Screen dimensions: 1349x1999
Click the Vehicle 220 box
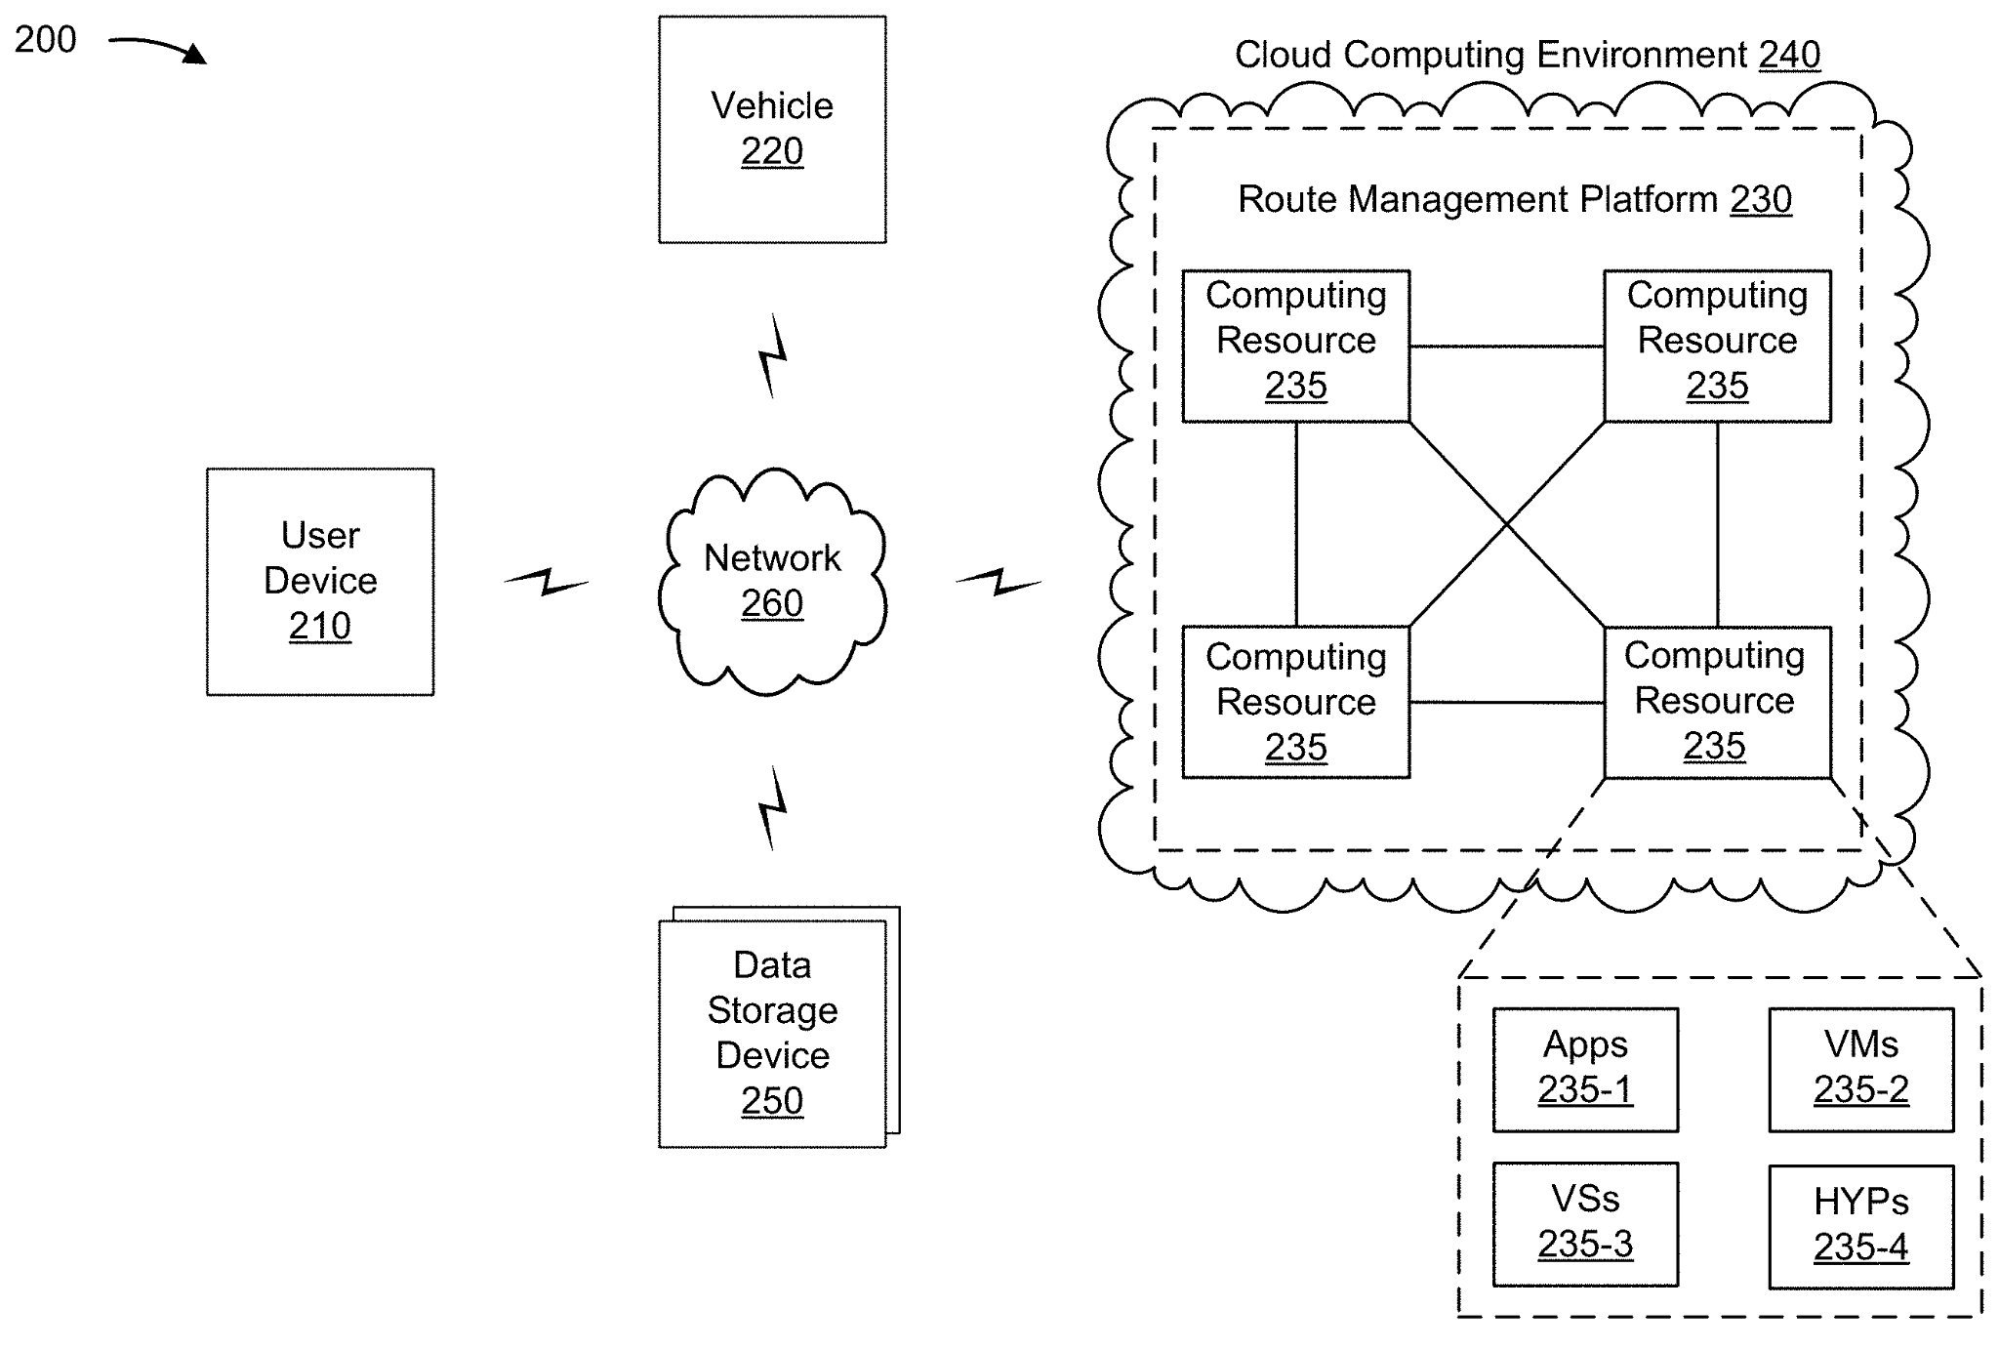point(772,129)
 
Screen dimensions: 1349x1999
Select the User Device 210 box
point(320,581)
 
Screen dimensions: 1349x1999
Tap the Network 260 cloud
point(772,581)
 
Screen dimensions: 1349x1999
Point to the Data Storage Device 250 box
point(772,1033)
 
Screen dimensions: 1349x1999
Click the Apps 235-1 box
point(1585,1069)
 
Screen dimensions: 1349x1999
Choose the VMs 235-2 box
point(1861,1069)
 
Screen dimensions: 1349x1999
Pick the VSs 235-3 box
point(1585,1223)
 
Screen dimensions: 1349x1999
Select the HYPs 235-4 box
point(1861,1226)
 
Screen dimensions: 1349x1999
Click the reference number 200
point(45,40)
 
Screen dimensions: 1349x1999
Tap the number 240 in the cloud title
point(1789,55)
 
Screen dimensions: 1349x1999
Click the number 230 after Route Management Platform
point(1761,199)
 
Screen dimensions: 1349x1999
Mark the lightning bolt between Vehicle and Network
point(773,355)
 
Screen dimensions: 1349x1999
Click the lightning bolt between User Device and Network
point(547,582)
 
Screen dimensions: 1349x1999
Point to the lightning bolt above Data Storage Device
point(773,807)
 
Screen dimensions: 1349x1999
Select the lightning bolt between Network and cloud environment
point(999,582)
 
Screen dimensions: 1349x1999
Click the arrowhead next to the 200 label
point(194,54)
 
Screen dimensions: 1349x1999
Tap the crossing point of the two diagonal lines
point(1507,524)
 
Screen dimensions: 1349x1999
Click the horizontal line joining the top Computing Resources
point(1507,347)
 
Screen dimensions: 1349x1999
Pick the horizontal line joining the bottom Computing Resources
point(1507,702)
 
